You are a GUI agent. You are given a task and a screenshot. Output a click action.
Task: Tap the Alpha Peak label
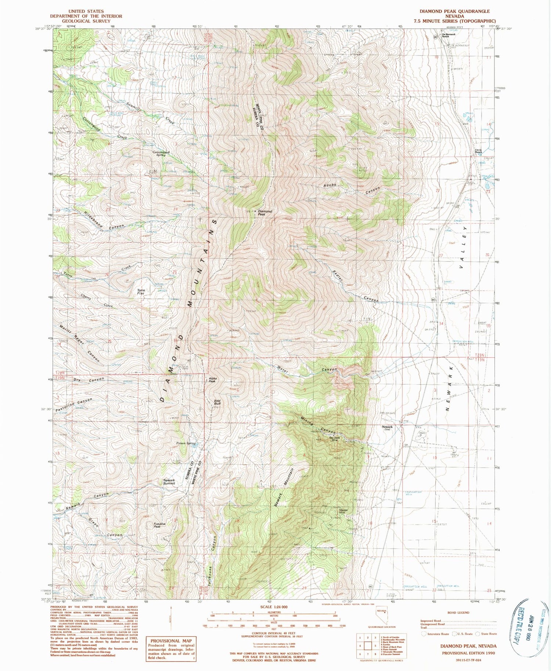212,381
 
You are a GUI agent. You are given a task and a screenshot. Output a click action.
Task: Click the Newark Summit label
169,482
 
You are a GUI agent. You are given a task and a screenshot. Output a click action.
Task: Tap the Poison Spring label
186,443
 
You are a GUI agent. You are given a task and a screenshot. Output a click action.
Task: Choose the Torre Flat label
141,292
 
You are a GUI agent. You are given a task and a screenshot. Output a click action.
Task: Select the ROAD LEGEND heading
458,613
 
